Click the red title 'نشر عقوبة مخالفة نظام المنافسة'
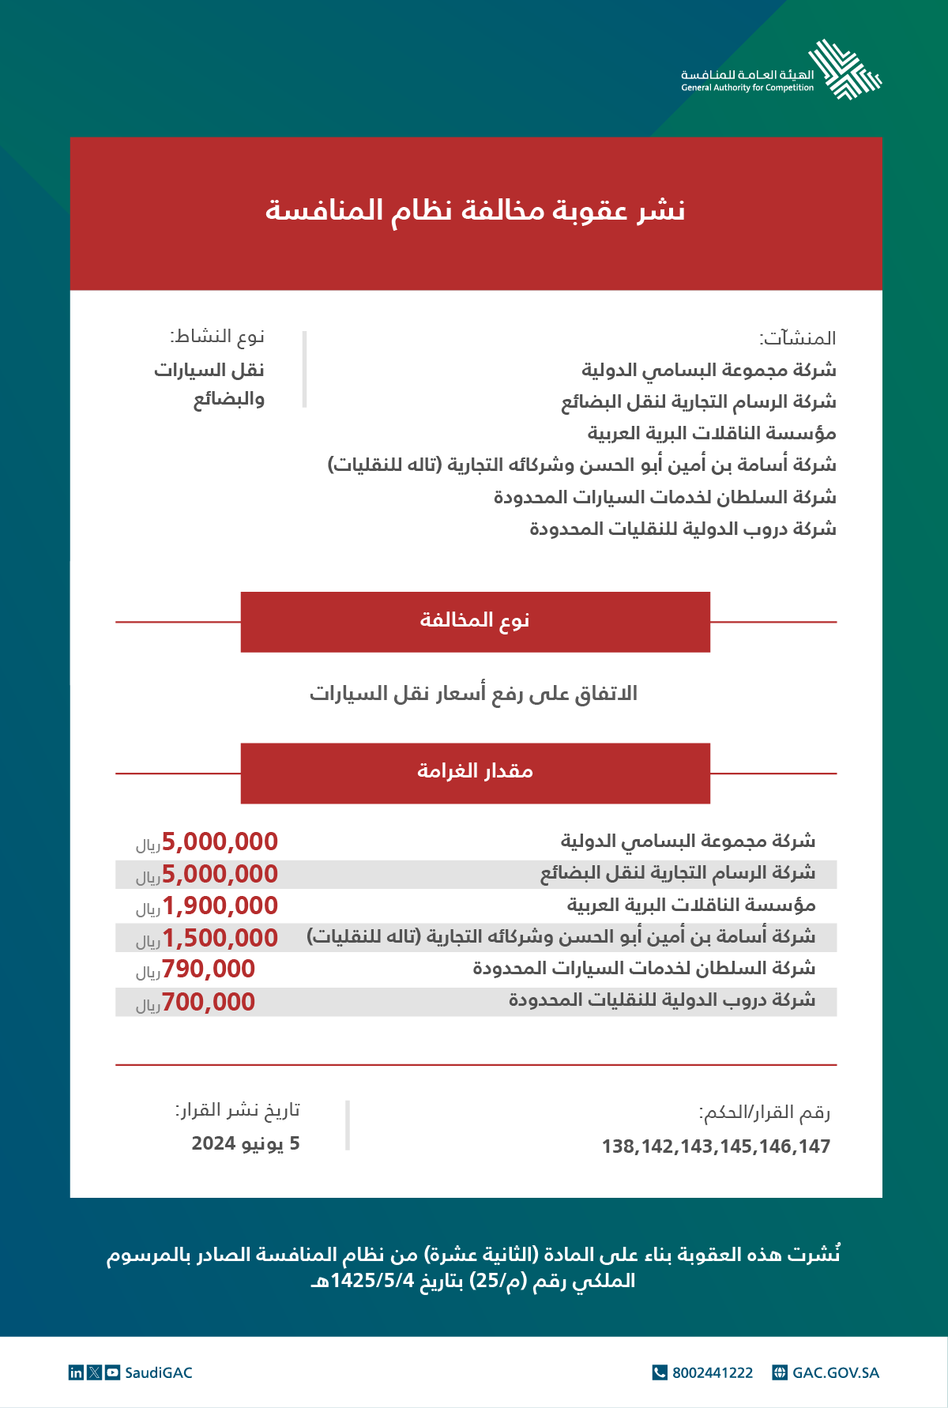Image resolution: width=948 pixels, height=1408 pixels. click(475, 211)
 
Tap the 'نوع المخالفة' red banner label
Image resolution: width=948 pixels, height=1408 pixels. click(475, 621)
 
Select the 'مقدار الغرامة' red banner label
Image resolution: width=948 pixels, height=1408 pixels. click(475, 772)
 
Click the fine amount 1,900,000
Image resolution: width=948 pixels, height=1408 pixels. click(220, 906)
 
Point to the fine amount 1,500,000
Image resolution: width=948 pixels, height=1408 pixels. click(220, 938)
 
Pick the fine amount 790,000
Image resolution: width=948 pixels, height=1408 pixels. click(209, 969)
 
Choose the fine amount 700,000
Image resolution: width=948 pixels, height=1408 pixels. click(209, 1002)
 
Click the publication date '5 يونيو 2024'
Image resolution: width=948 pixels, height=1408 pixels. click(246, 1144)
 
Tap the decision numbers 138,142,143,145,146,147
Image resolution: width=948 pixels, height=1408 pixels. click(716, 1146)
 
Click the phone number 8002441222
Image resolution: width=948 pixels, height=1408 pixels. click(713, 1373)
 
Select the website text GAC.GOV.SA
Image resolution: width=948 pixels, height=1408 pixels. click(836, 1373)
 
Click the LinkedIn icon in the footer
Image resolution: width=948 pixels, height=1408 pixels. click(76, 1373)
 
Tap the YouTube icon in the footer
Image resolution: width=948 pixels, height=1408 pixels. click(113, 1373)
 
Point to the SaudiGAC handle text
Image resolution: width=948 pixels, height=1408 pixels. click(159, 1373)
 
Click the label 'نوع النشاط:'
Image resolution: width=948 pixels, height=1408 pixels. click(217, 337)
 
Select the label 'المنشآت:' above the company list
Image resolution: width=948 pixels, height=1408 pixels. click(798, 339)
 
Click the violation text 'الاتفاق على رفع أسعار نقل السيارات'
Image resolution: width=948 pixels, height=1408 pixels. click(473, 695)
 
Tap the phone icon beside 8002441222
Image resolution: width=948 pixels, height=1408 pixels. click(660, 1373)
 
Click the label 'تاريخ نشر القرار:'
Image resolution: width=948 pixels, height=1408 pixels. click(238, 1111)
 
